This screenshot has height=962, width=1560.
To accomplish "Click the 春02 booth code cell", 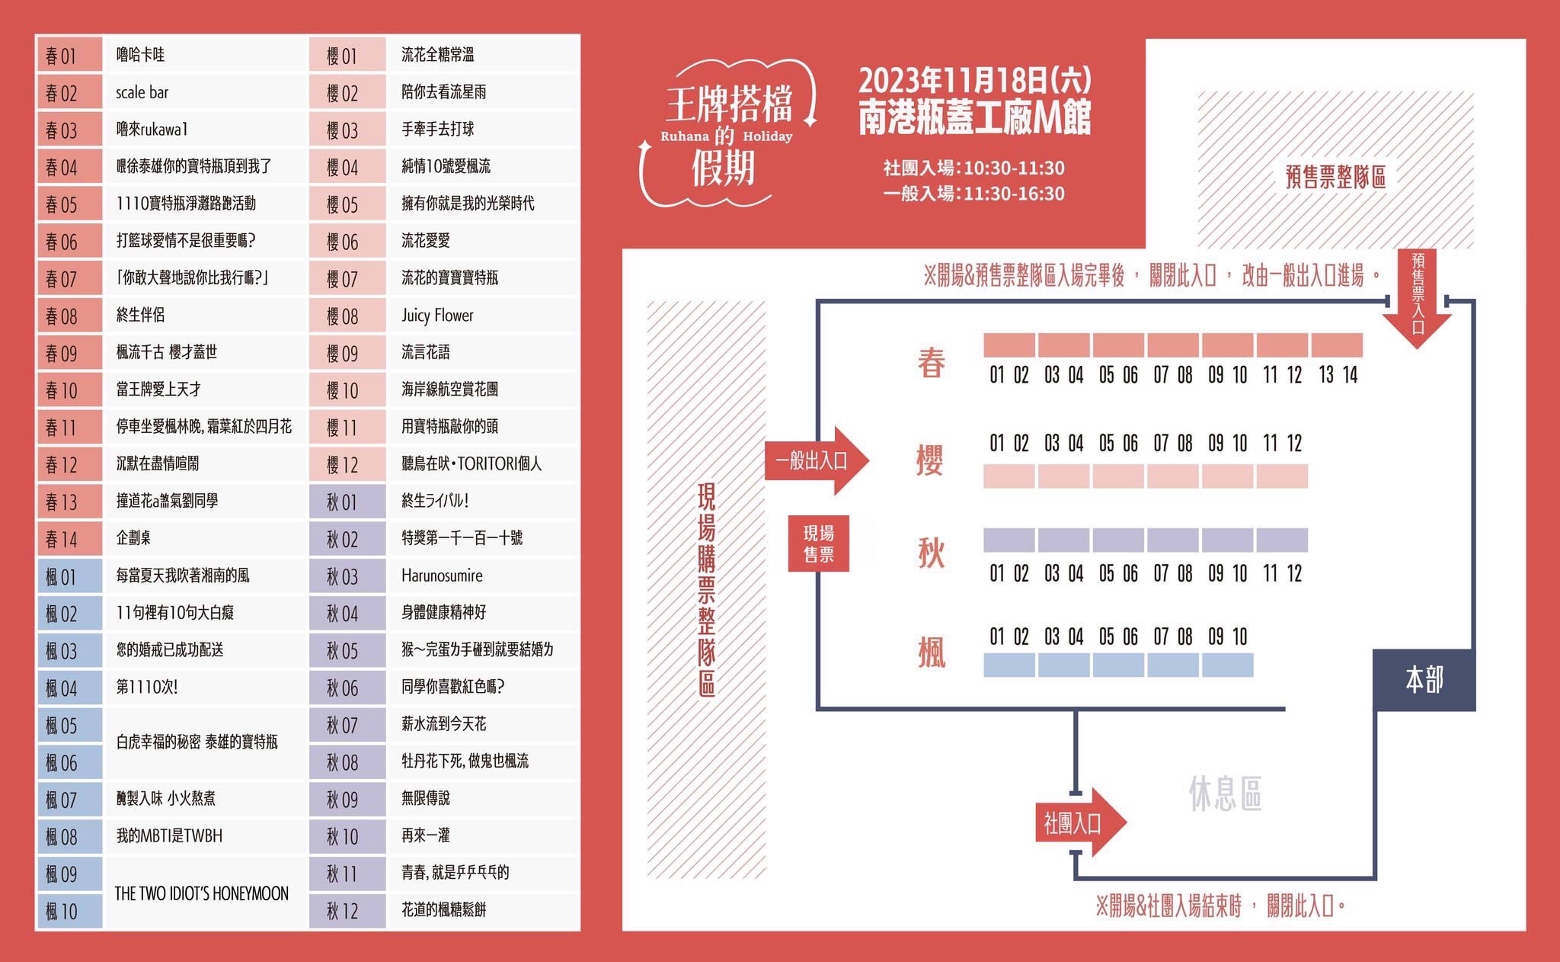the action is pos(69,93).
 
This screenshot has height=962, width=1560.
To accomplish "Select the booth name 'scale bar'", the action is pos(142,92).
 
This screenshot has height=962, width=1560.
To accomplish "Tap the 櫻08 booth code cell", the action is pos(348,316).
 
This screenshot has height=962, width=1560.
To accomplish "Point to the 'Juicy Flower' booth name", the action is pos(437,315).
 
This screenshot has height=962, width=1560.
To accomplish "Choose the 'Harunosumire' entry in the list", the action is pos(442,576).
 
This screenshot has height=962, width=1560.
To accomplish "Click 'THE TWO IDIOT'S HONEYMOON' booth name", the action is pos(201,893).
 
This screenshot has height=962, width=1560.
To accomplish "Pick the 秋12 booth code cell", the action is pos(348,911).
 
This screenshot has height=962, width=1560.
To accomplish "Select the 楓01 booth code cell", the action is pos(69,577).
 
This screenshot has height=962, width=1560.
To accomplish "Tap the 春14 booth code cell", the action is pos(69,540).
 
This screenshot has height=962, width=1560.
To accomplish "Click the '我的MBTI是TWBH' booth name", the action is pos(169,835).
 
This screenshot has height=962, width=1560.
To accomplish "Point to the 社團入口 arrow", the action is pos(1080,823).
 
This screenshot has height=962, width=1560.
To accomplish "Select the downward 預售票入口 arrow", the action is pos(1417,298).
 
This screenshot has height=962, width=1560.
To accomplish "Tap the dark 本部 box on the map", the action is pos(1424,680).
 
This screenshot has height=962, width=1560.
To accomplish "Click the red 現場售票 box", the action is pos(819,544).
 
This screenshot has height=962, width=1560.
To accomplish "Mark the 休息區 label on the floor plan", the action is pos(1225,794).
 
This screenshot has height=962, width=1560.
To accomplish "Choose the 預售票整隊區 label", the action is pos(1335,177).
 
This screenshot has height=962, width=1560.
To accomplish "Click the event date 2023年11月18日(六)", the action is pos(975,79).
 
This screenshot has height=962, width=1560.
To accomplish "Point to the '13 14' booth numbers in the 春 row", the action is pos(1338,375).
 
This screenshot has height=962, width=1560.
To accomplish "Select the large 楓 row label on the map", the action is pos(932,652).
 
